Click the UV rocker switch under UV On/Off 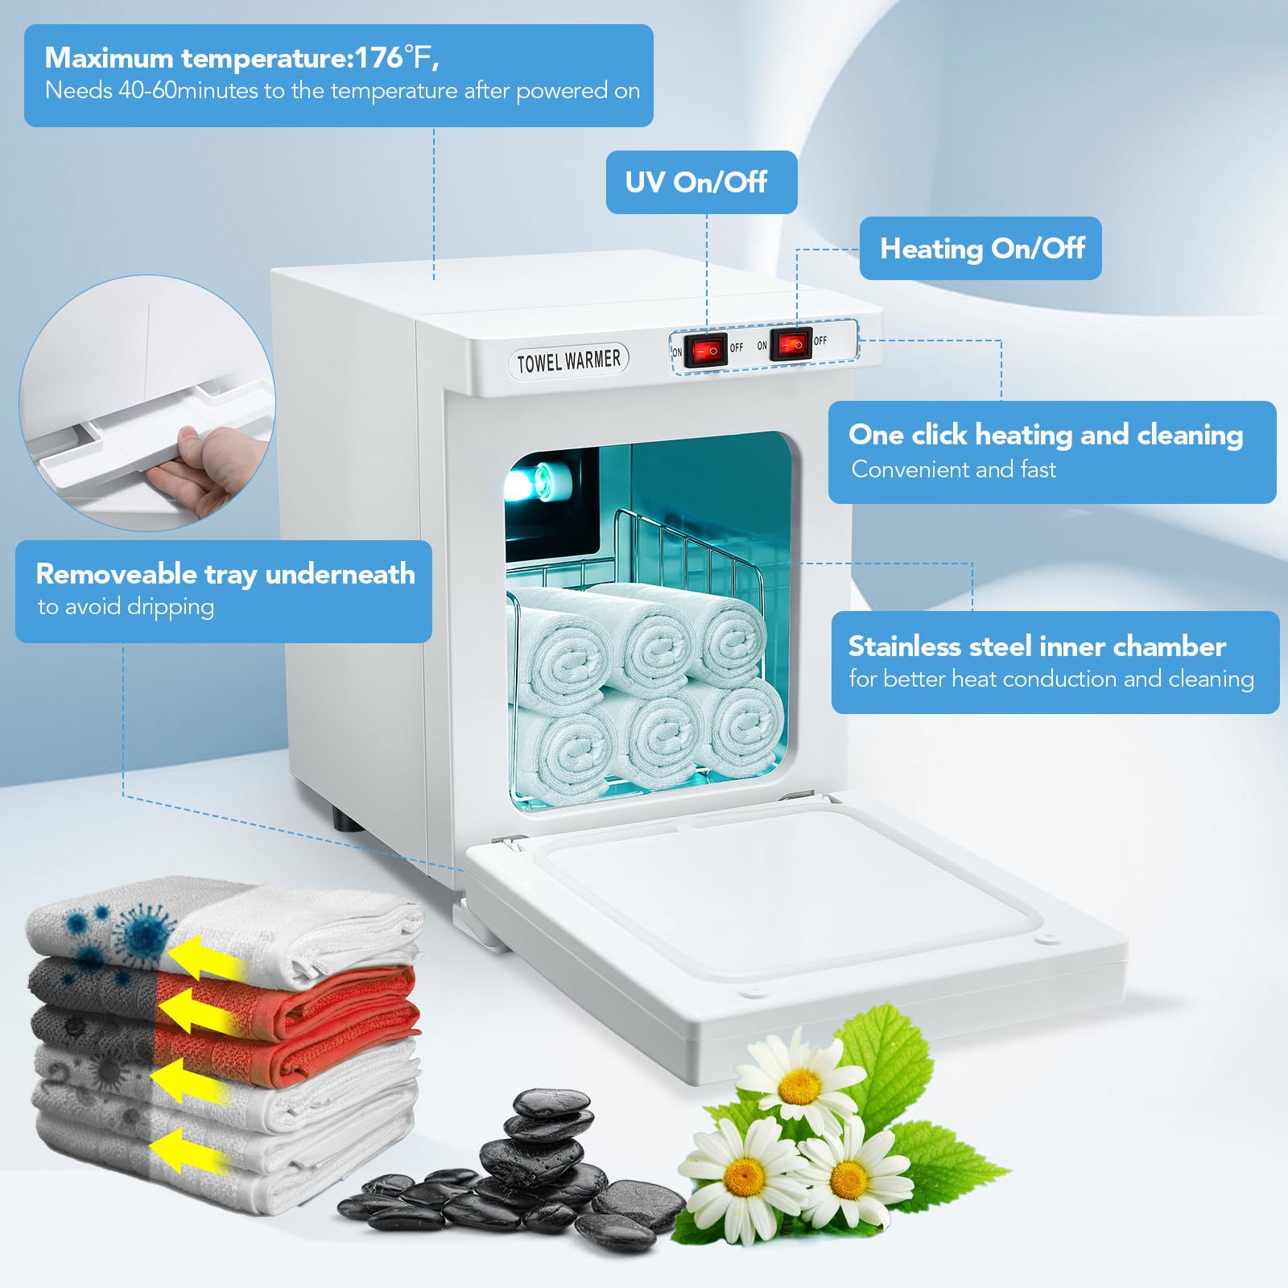coord(706,351)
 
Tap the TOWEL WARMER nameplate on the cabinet coord(568,360)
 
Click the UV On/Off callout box coord(701,182)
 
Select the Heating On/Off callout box coord(980,248)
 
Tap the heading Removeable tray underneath coord(225,574)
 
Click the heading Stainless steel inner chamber coord(1036,646)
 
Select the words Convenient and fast coord(953,469)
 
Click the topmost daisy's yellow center coord(800,1086)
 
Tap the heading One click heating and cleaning coord(1045,435)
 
